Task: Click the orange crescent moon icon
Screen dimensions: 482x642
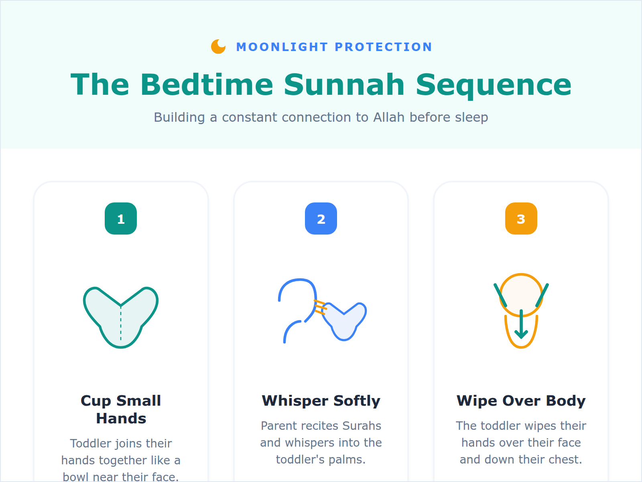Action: (x=218, y=47)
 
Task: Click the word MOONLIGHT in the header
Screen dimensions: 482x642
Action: (x=282, y=47)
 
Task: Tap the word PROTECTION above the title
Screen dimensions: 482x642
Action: (x=383, y=47)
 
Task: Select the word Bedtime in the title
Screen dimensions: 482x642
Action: (x=207, y=85)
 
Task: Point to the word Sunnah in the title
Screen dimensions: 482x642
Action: (x=344, y=85)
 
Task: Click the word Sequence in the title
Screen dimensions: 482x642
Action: (x=493, y=85)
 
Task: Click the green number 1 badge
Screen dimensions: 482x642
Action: (x=121, y=219)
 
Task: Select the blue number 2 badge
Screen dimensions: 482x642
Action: (x=321, y=219)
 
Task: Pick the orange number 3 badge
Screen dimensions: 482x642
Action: (x=521, y=219)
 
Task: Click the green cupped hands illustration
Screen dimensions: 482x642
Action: (x=121, y=317)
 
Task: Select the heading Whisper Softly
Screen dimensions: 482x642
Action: (x=321, y=401)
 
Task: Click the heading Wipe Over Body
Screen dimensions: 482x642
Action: (x=521, y=401)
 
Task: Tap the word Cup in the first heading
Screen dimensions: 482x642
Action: (x=96, y=401)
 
